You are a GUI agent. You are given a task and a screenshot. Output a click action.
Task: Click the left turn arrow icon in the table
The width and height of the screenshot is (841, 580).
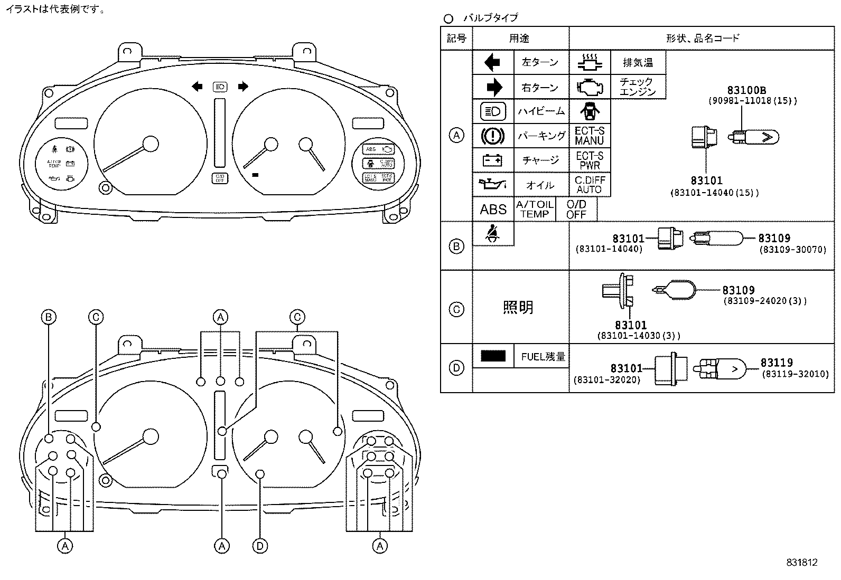click(x=492, y=63)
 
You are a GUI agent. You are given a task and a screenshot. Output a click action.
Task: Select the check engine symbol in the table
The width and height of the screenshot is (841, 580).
click(x=590, y=87)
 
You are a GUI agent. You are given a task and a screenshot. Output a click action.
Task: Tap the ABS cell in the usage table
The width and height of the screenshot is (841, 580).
click(x=493, y=210)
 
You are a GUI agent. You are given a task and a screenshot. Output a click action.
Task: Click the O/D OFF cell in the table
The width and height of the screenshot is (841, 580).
click(x=576, y=210)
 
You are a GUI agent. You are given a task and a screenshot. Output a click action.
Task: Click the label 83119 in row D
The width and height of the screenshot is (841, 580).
click(x=777, y=363)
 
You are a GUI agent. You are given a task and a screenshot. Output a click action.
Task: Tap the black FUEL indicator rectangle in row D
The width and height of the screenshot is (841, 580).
click(x=493, y=356)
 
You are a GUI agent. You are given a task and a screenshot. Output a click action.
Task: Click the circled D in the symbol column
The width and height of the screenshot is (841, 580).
click(x=456, y=368)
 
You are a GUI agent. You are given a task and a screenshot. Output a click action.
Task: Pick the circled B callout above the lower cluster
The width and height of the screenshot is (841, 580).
click(x=49, y=317)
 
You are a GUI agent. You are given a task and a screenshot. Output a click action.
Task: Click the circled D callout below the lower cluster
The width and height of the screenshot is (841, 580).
click(x=260, y=546)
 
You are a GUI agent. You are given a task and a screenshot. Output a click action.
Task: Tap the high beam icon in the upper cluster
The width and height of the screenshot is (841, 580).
click(x=220, y=87)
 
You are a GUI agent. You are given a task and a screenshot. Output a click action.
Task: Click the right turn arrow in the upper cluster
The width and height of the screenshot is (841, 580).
click(x=243, y=87)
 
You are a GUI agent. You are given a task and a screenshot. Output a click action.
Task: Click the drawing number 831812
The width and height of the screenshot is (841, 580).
click(x=801, y=563)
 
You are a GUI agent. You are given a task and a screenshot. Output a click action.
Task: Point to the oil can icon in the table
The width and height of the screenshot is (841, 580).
click(x=492, y=185)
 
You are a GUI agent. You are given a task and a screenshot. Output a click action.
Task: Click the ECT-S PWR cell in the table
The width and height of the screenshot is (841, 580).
click(x=590, y=160)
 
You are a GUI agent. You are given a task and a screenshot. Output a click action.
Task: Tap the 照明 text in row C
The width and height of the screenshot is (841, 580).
click(x=518, y=307)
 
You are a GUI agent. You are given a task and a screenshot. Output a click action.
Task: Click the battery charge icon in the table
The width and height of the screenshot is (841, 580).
click(x=492, y=160)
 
